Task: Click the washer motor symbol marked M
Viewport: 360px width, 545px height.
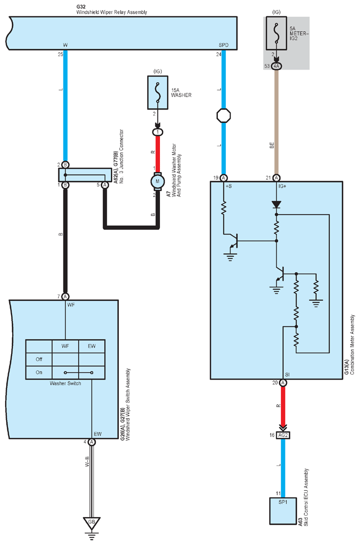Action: click(x=157, y=182)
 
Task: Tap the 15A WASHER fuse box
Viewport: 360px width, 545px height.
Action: click(x=157, y=92)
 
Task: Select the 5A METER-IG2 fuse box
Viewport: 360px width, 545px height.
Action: click(x=277, y=33)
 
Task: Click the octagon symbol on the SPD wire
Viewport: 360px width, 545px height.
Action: click(x=223, y=115)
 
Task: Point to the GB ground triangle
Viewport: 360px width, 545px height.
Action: click(x=91, y=523)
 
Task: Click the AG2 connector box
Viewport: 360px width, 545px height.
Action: click(x=283, y=435)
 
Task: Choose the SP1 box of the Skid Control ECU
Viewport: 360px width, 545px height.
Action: click(x=283, y=511)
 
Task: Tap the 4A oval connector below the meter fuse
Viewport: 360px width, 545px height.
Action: click(x=277, y=66)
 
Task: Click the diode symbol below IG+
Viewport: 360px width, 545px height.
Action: click(x=277, y=205)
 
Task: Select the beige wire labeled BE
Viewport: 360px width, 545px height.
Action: click(x=277, y=122)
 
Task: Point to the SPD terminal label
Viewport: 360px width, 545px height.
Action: click(x=223, y=45)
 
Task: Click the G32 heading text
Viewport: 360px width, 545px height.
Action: click(x=80, y=7)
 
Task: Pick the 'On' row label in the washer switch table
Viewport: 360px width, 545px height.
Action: click(x=39, y=372)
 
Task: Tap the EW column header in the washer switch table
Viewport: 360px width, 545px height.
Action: click(x=91, y=346)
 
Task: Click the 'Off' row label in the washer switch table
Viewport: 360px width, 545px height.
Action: click(x=39, y=359)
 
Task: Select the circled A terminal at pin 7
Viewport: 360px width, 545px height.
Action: click(x=66, y=296)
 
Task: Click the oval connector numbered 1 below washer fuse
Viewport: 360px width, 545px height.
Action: click(x=157, y=132)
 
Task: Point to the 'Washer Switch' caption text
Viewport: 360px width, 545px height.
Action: click(x=66, y=383)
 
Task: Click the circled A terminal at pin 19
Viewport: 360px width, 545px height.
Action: click(x=223, y=178)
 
